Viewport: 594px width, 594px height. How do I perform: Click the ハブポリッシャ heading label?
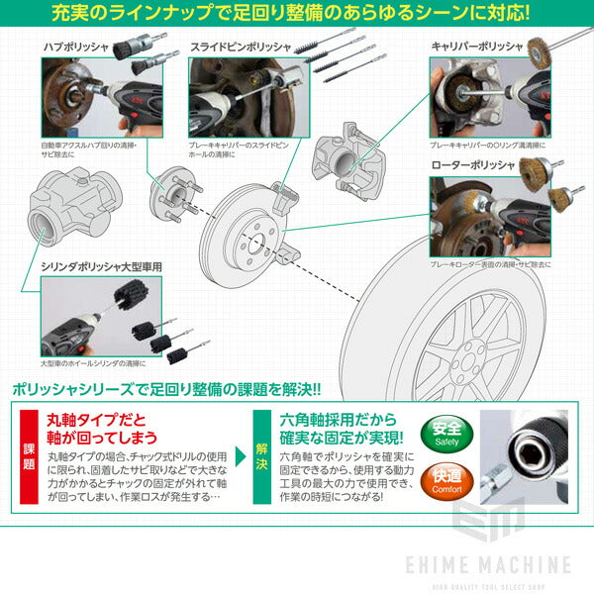click(x=77, y=47)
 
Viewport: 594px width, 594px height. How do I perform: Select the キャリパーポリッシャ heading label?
click(x=475, y=46)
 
